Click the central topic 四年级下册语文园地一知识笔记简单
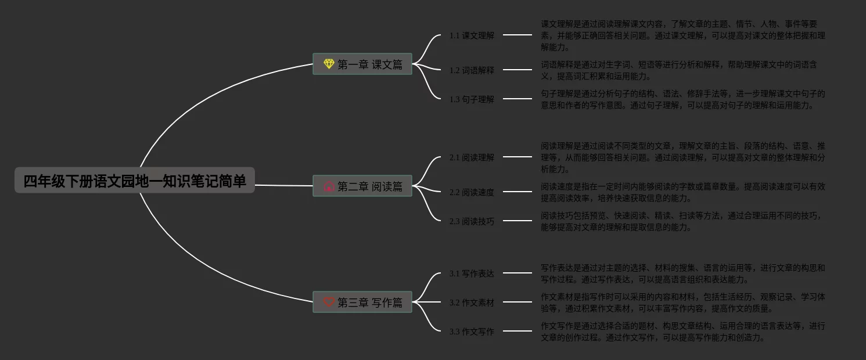135,181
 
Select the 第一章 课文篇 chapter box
362,64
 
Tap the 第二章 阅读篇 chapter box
362,186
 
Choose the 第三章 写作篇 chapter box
362,302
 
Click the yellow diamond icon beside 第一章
329,64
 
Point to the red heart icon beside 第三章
329,302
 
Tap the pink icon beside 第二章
329,186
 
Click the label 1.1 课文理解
472,35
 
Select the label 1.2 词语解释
472,70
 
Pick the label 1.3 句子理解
472,99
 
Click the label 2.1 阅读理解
472,157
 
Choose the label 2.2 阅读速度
472,192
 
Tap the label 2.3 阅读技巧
472,221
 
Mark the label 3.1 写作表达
472,273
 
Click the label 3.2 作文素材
472,303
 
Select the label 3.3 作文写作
472,332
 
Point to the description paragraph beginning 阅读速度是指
682,192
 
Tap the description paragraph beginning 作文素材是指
682,303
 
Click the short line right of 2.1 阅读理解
517,157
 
